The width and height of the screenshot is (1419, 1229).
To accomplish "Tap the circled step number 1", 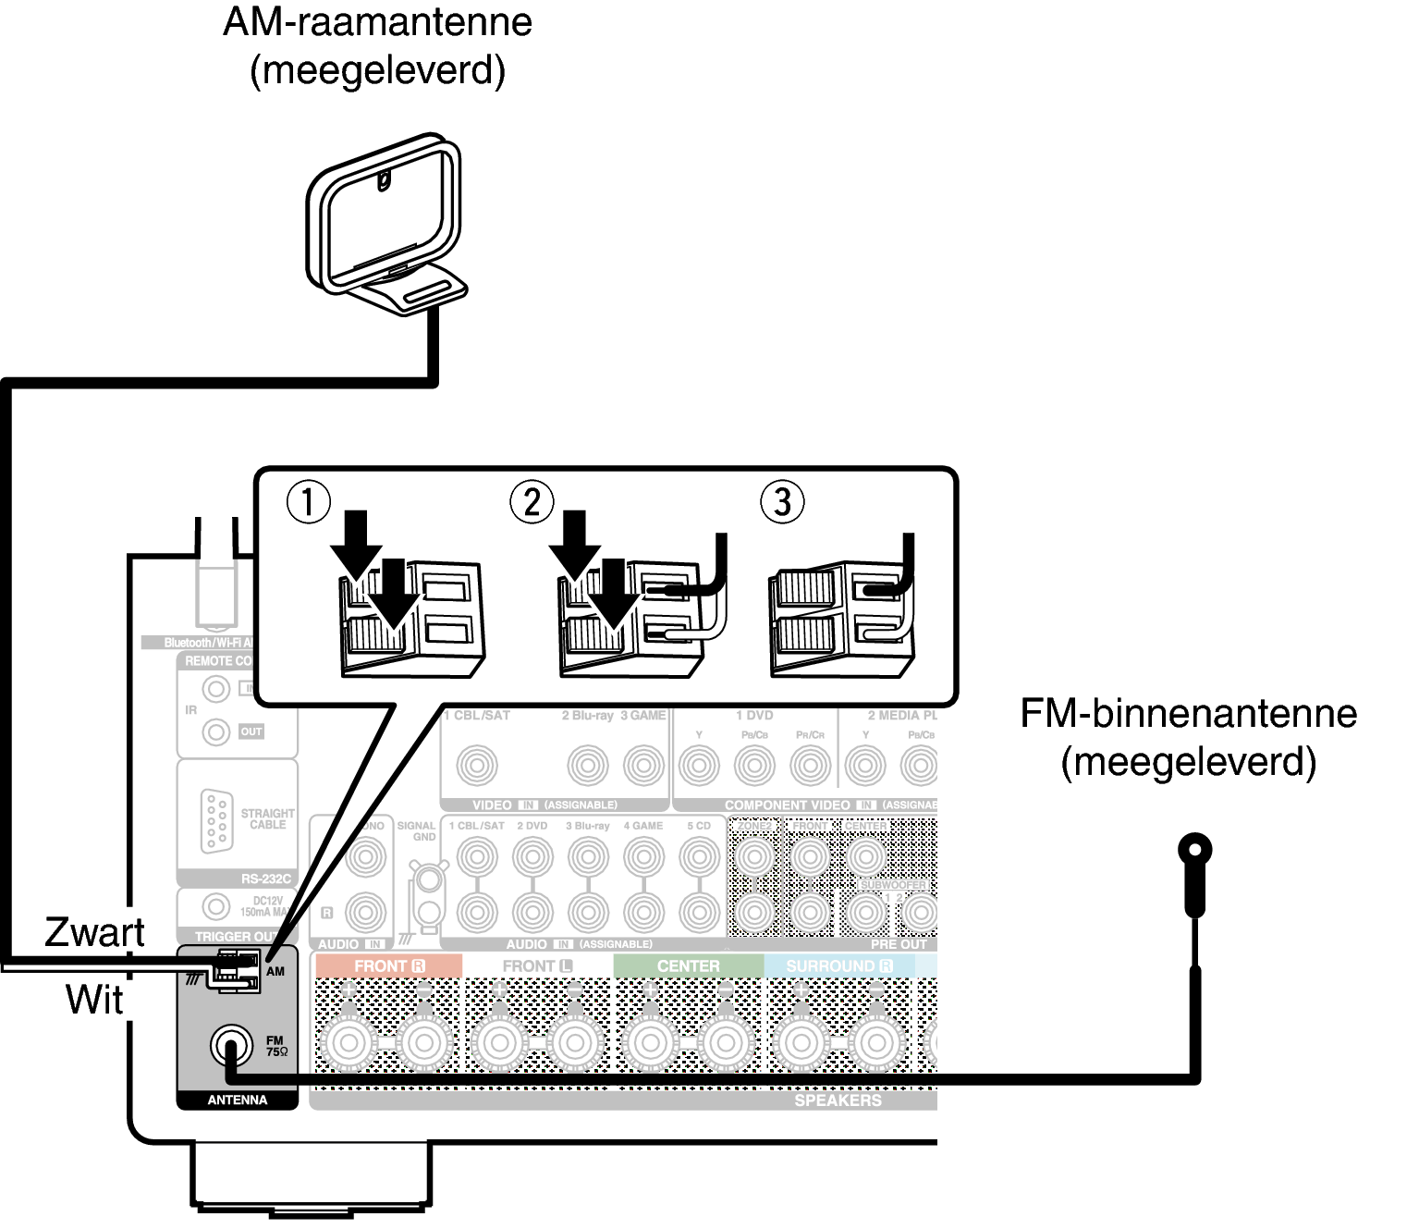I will click(x=308, y=502).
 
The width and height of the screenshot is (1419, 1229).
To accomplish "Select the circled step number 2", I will click(x=532, y=502).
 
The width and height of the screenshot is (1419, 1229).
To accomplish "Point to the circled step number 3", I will click(x=782, y=502).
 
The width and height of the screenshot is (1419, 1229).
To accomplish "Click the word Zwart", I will click(x=94, y=932).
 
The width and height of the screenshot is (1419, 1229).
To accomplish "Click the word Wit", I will click(x=94, y=1000).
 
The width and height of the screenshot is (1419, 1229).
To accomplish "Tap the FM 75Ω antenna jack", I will click(x=230, y=1046).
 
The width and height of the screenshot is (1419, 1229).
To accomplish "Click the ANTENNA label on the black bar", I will click(x=237, y=1100).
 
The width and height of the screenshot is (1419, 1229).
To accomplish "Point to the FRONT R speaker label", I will click(x=389, y=966).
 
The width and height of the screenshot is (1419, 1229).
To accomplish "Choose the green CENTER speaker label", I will click(x=688, y=966).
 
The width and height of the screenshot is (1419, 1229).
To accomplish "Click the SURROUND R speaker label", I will click(x=839, y=966).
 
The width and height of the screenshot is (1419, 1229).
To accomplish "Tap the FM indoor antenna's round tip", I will click(x=1194, y=849).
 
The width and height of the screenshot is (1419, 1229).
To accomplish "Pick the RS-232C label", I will click(x=265, y=879).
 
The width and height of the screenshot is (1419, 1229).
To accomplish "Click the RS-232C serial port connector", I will click(x=215, y=820).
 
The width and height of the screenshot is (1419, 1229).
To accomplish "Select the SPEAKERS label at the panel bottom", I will click(x=838, y=1100).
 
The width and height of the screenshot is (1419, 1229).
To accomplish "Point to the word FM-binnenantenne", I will click(x=1189, y=714).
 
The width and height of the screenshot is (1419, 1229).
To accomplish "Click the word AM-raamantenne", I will click(x=377, y=22).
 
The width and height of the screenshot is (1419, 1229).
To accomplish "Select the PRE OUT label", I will click(x=898, y=944).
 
